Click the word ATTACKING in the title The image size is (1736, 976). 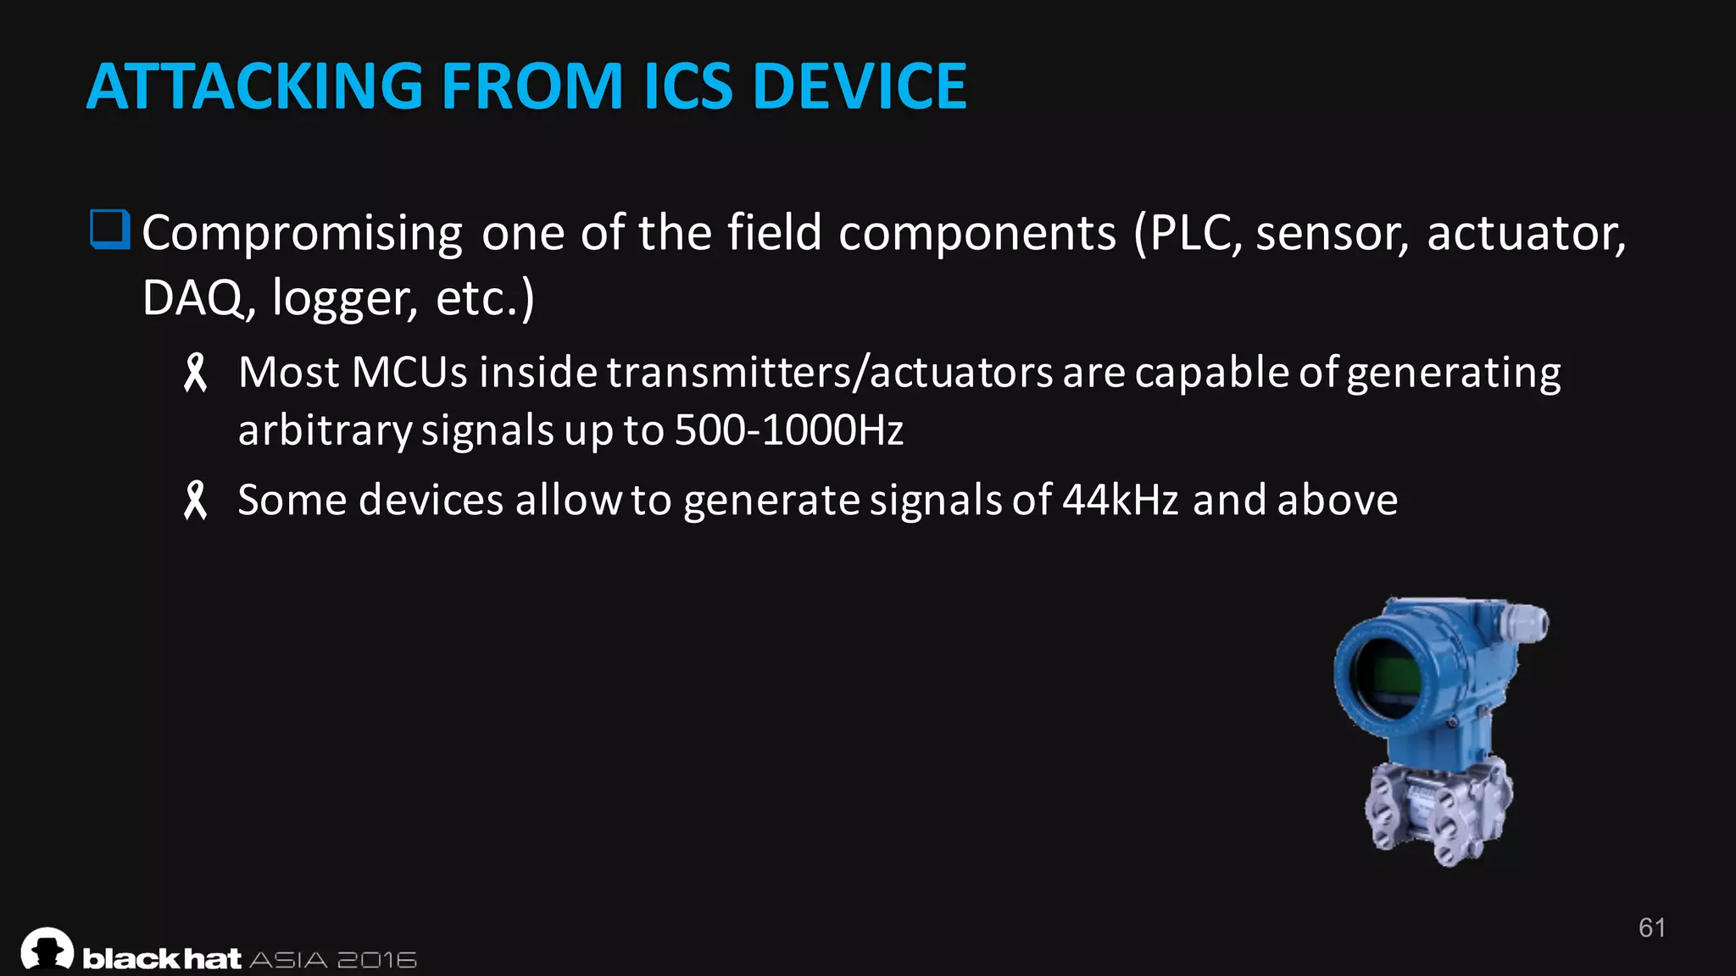[x=254, y=86]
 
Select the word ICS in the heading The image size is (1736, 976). [x=687, y=86]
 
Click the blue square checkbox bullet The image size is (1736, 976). [x=109, y=230]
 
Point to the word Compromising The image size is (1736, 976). [x=302, y=234]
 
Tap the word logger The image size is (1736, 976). [x=344, y=300]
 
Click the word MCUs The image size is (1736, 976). [x=409, y=373]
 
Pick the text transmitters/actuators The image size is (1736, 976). [x=829, y=373]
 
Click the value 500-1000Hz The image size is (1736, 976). [x=788, y=430]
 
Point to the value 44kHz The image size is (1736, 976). [x=1120, y=500]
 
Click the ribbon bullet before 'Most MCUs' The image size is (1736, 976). [x=196, y=373]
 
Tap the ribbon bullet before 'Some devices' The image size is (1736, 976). [x=196, y=500]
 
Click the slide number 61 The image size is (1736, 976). [x=1651, y=928]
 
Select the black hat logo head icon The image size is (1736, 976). [x=47, y=949]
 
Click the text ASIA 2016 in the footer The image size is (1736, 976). [x=333, y=960]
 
